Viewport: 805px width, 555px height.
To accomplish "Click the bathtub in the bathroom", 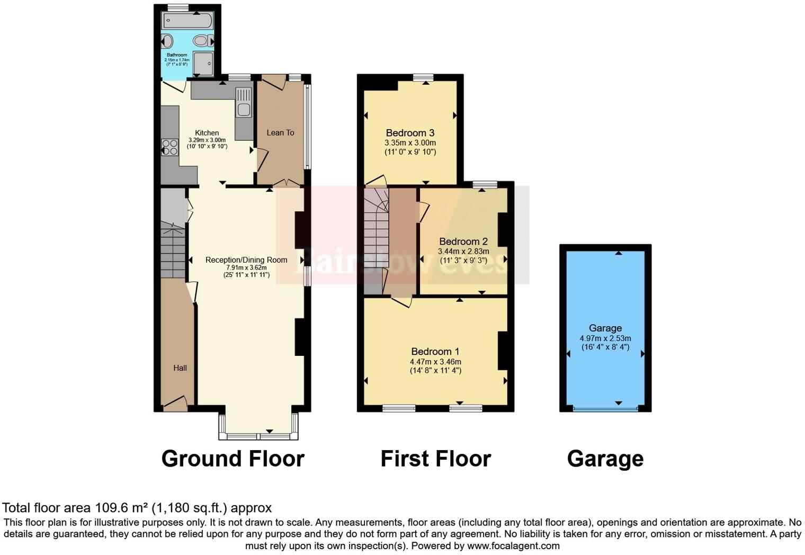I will coord(188,21).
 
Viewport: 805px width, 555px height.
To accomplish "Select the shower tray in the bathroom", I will coord(203,63).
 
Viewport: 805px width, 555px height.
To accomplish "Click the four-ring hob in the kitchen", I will coord(170,147).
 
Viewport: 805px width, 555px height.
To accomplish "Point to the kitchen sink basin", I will coord(244,110).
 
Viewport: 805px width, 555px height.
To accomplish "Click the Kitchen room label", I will coord(207,133).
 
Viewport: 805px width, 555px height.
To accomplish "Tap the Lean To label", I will coord(280,133).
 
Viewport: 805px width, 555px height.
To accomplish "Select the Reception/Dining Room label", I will coord(246,260).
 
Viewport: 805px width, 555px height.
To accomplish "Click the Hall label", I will coord(180,368).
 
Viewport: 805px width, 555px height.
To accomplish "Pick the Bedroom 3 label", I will coord(410,133).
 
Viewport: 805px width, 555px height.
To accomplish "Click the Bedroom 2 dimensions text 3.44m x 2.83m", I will coord(463,252).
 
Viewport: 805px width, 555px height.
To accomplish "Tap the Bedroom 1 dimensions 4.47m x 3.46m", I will coord(435,362).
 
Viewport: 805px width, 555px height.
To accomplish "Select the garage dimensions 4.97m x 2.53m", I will coord(605,338).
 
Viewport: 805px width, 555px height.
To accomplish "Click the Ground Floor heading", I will coord(232,459).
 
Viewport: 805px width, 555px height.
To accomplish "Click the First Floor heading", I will coord(435,459).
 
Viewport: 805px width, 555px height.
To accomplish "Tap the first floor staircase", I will coord(376,233).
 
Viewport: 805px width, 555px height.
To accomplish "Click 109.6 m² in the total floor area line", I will coord(121,508).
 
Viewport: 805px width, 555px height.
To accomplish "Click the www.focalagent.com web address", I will coord(513,545).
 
